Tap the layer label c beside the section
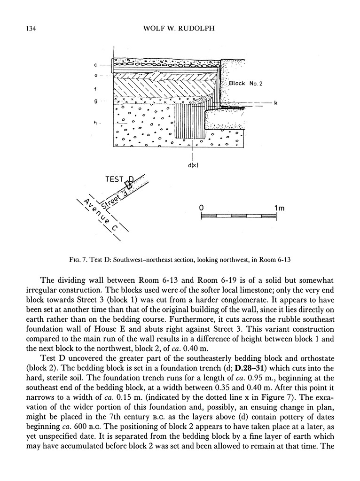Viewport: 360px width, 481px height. click(x=95, y=64)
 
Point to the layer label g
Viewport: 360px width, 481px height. click(x=95, y=101)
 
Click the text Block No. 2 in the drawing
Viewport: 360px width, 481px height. click(x=246, y=83)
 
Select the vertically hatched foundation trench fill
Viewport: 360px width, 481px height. click(x=190, y=121)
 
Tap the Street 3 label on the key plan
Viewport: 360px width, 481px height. click(x=115, y=200)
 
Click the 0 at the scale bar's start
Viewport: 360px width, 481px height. click(x=201, y=207)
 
